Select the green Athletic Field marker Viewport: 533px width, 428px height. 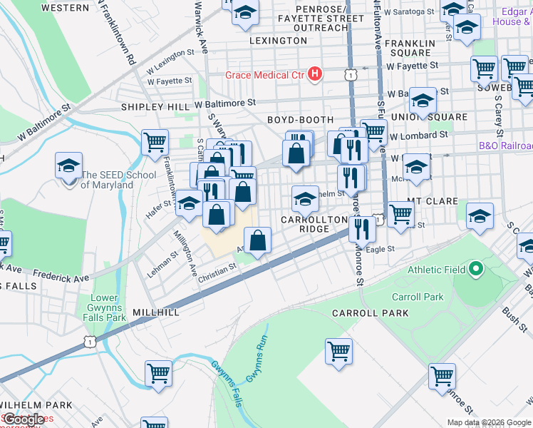(x=476, y=270)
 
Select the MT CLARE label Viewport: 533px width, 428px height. (x=433, y=202)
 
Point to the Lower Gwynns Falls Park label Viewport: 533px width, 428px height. (x=108, y=307)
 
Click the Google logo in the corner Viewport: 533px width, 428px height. (x=24, y=419)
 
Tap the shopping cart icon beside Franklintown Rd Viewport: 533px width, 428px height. (x=155, y=142)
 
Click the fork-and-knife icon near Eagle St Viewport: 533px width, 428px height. (x=362, y=229)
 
